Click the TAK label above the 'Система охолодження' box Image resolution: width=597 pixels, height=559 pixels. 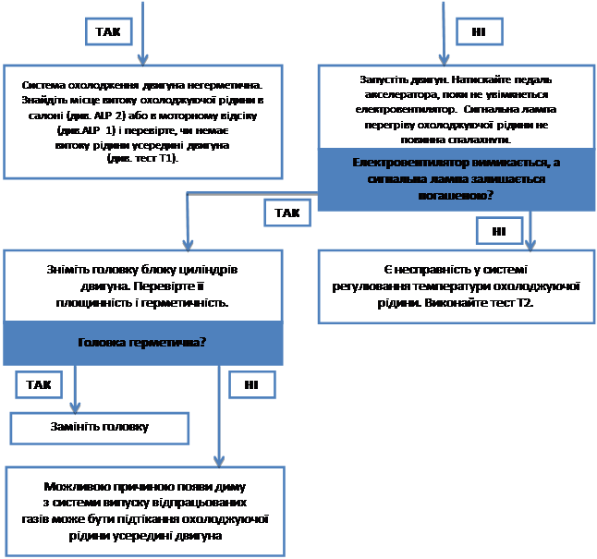pos(107,31)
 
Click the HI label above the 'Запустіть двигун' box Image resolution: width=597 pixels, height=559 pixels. pos(478,32)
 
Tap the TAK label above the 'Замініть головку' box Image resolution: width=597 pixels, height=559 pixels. pos(39,383)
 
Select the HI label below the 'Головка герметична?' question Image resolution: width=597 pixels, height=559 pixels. pos(251,383)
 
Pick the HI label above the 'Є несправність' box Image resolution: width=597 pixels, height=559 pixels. pos(499,230)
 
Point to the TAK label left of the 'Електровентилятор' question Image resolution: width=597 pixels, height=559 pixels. pos(287,213)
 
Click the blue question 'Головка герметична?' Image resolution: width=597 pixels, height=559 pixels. pos(142,342)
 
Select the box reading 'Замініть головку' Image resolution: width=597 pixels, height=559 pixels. pos(99,427)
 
